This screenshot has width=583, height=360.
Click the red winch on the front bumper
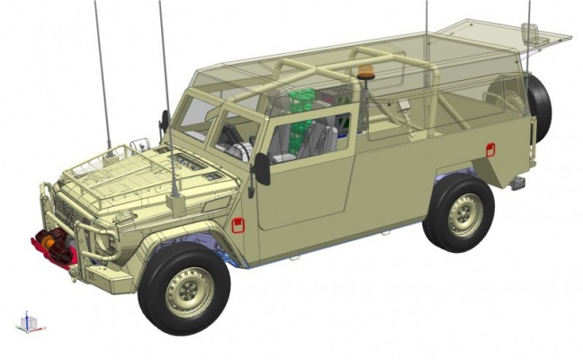pyautogui.click(x=53, y=244)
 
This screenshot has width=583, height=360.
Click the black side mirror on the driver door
pyautogui.click(x=262, y=168)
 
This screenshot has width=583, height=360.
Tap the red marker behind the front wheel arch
pyautogui.click(x=238, y=225)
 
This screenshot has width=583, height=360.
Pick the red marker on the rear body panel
pyautogui.click(x=490, y=149)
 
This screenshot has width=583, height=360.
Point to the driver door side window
pyautogui.click(x=310, y=135)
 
